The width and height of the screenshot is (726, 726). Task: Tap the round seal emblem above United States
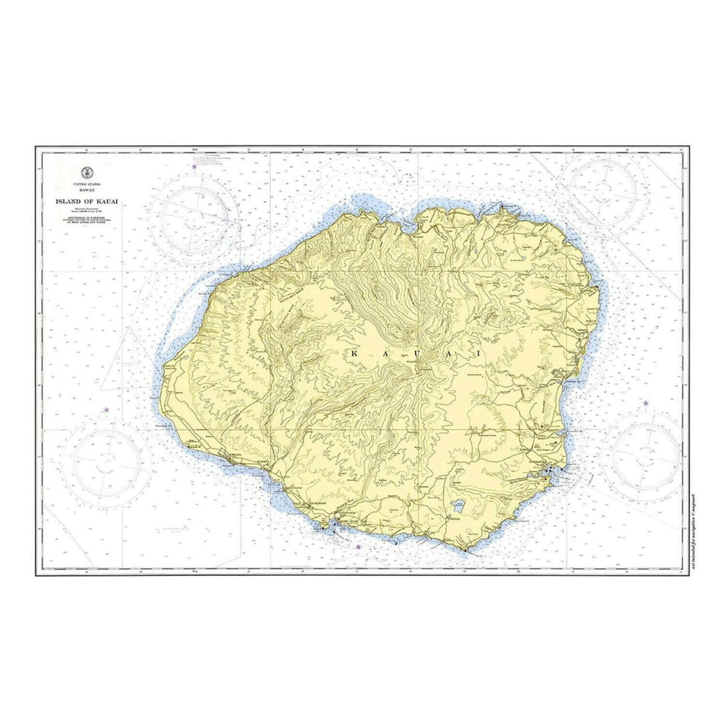coord(89,173)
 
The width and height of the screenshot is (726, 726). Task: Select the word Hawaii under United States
coord(89,190)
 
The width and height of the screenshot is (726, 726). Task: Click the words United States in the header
coord(89,185)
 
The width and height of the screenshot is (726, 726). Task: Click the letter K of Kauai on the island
coord(354,353)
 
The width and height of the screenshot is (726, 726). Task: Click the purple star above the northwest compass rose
coord(194,167)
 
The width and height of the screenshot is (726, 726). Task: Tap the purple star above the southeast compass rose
coord(645,403)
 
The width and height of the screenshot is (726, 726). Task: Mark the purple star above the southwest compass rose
coord(106,410)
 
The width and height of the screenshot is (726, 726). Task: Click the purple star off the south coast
coord(358,547)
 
